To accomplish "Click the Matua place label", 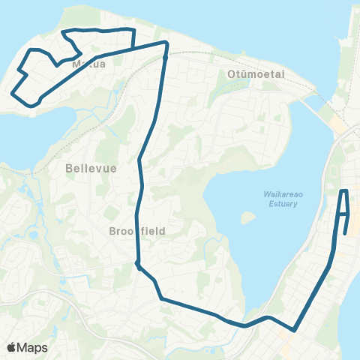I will tap(88, 64).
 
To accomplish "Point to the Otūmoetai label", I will tap(251, 73).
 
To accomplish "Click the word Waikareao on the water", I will tap(281, 194).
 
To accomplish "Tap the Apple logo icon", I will tap(12, 347).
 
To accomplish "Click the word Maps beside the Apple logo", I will tap(33, 347).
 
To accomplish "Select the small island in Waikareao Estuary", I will tap(245, 218).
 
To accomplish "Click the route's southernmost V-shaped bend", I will tap(295, 329).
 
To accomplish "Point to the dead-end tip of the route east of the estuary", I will tap(344, 233).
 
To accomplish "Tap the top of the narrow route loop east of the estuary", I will tap(344, 192).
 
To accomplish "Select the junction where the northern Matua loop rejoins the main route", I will tap(132, 48).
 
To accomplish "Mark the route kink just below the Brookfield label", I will tap(137, 263).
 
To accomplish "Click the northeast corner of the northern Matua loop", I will tap(133, 30).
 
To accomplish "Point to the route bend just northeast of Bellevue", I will tap(139, 160).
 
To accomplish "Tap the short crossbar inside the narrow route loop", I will tap(343, 214).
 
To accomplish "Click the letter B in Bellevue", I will tap(68, 168).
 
